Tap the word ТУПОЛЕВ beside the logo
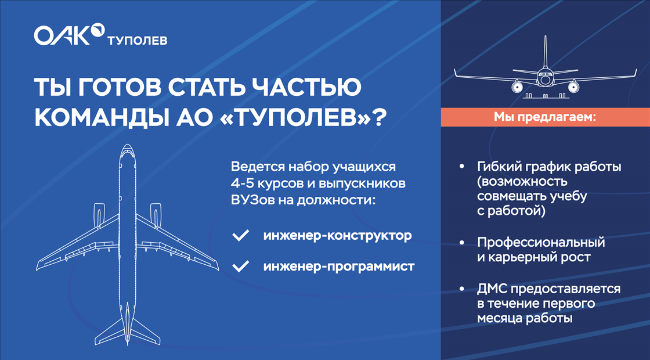pos(138,41)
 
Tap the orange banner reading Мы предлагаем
pos(545,117)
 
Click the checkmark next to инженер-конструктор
pos(240,236)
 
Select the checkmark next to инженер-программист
pos(240,266)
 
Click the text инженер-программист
pos(339,267)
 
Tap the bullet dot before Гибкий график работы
pos(461,167)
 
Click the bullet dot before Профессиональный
pos(461,242)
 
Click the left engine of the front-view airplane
pos(517,87)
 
